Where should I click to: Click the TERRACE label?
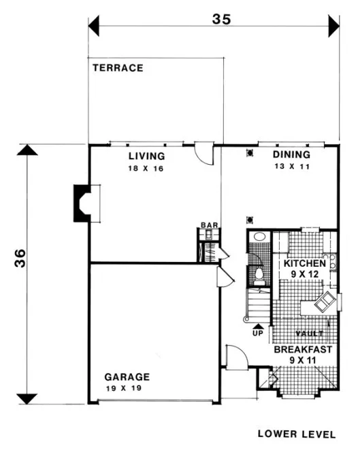117,68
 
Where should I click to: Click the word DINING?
291,155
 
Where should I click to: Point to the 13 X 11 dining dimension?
291,166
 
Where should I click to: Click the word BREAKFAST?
303,350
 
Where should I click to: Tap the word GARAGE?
127,376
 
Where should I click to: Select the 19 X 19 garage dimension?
127,388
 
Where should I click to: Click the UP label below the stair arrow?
257,334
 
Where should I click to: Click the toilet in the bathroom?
258,274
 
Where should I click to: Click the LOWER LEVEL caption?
296,433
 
